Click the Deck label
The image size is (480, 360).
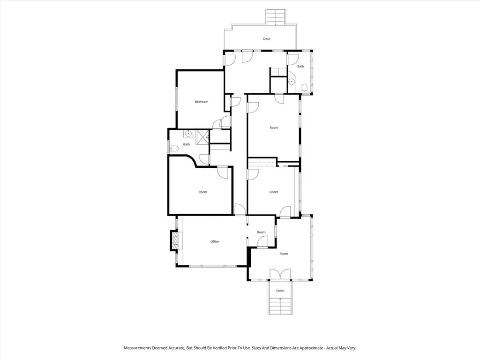click(267, 39)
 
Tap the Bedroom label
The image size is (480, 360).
click(202, 102)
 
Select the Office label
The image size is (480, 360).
click(215, 241)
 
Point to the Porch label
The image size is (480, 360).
click(280, 291)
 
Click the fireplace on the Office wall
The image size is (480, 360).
click(175, 241)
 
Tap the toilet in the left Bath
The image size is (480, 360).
click(174, 149)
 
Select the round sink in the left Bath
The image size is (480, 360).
click(188, 134)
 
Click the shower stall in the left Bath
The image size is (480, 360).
click(202, 137)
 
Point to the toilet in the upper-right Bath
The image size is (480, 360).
click(305, 89)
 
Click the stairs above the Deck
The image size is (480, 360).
click(276, 17)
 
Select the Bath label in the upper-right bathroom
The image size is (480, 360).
click(300, 66)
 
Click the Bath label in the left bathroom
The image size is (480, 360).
click(187, 144)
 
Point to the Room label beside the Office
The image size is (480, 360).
click(261, 232)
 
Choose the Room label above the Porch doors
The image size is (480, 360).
click(284, 254)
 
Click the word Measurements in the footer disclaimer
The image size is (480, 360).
click(137, 348)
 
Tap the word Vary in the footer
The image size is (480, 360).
click(352, 348)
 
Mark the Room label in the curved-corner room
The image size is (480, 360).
click(202, 192)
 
